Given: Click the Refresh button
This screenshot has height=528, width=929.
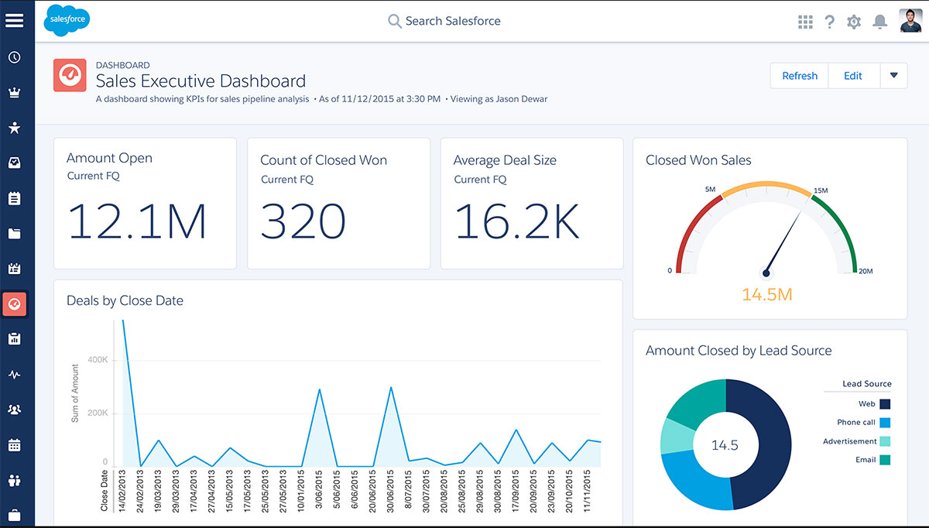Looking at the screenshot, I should (799, 76).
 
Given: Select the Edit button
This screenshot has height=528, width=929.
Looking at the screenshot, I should (852, 76).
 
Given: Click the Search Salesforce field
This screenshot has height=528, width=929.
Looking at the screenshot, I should (453, 21).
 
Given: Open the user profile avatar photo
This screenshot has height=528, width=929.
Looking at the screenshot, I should (910, 21).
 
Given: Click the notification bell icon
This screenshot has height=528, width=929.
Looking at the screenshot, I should (879, 22).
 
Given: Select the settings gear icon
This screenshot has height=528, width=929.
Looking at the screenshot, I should (854, 22).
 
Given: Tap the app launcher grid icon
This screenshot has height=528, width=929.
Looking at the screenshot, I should (805, 22).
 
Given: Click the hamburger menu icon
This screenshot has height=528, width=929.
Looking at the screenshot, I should (14, 20).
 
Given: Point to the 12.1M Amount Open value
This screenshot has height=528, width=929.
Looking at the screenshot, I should (138, 221).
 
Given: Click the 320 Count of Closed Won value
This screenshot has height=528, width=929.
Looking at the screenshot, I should (303, 221).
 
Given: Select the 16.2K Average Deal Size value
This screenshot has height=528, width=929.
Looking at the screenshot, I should (516, 221).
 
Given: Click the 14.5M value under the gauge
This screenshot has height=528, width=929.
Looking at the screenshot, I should (766, 294).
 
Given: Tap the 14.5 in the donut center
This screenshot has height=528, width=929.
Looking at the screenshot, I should (725, 445).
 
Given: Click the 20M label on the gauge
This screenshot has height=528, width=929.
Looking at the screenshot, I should (865, 271).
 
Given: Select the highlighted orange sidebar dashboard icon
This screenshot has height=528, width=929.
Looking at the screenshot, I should (14, 304).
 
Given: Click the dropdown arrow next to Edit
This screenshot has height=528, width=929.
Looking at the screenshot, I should (893, 76).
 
